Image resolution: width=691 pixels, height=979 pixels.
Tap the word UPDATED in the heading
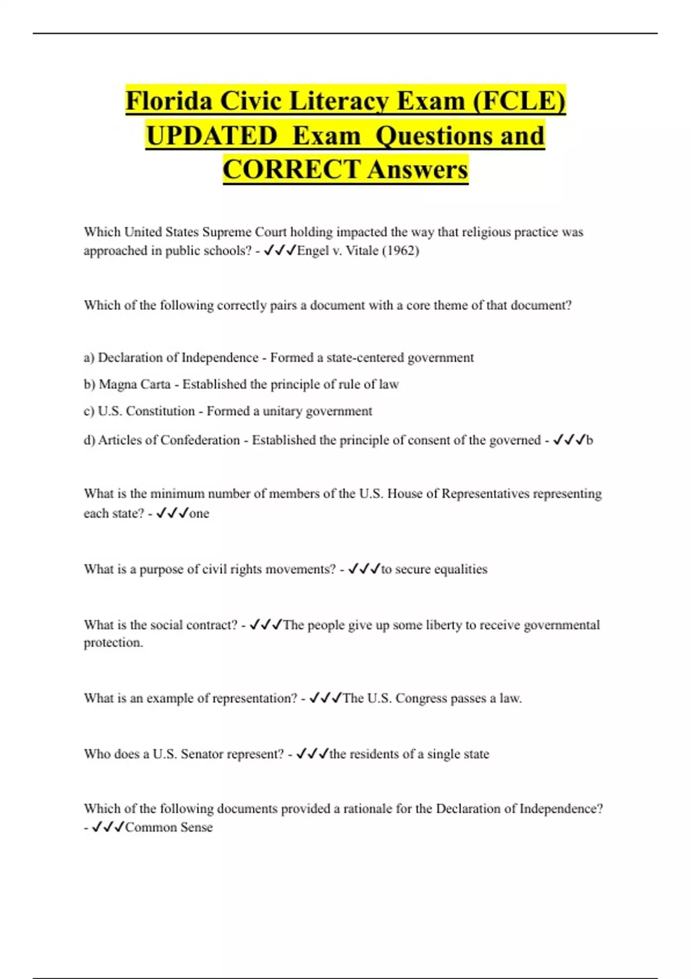(x=211, y=136)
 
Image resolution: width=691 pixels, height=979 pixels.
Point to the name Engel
(x=313, y=251)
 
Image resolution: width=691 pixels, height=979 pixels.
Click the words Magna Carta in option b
(x=135, y=384)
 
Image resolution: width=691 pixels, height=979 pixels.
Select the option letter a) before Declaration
(x=89, y=358)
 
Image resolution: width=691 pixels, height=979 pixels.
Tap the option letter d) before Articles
(x=89, y=440)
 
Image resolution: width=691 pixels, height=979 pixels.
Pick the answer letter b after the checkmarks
(x=589, y=440)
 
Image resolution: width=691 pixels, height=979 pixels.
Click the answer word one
(x=199, y=513)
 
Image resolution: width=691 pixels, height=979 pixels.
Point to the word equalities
(x=460, y=569)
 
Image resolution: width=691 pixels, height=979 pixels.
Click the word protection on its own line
(x=113, y=643)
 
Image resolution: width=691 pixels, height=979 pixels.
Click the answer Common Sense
(x=169, y=827)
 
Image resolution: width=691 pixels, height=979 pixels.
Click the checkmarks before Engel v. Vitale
(x=280, y=251)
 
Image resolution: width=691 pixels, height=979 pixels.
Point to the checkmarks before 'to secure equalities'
(x=364, y=569)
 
